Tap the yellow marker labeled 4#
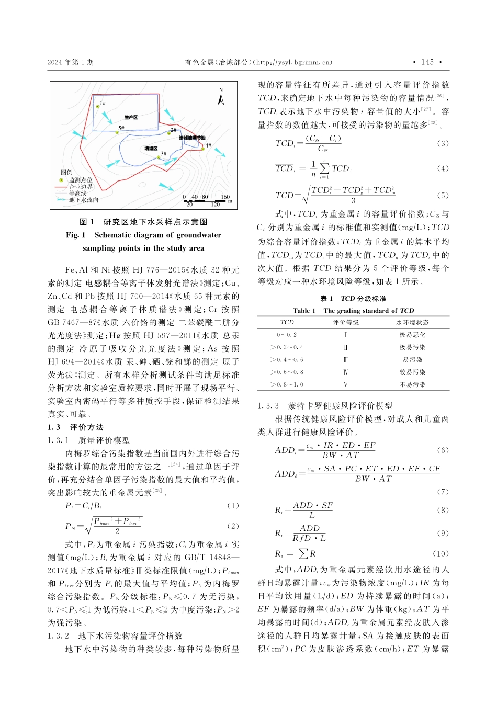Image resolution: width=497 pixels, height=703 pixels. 203,149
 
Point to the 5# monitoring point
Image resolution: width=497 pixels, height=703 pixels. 117,132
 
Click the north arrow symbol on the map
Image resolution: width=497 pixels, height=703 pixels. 221,97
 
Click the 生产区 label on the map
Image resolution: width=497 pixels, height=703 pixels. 131,117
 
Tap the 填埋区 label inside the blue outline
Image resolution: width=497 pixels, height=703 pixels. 151,149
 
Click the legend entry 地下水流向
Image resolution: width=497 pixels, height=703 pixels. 84,200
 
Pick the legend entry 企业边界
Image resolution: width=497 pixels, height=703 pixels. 81,186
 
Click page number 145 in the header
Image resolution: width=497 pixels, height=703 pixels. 427,62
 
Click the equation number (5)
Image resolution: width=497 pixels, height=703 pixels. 443,195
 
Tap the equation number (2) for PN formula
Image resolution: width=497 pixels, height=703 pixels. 233,526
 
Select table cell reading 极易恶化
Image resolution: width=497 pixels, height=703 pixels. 412,335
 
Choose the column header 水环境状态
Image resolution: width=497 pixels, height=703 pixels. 412,322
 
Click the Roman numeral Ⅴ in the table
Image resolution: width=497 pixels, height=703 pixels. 345,384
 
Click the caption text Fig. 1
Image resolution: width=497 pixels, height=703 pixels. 75,235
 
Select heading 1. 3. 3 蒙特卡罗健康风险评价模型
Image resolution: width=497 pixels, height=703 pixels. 325,406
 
